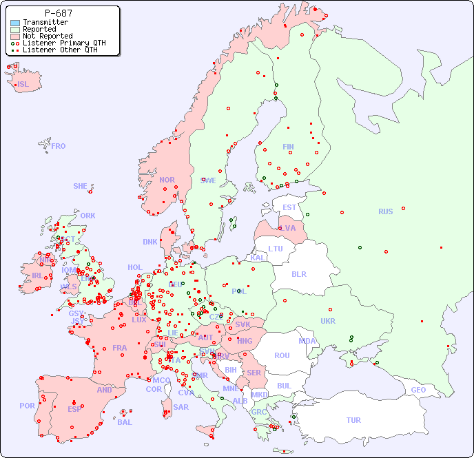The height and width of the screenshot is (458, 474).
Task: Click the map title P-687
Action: coord(58,13)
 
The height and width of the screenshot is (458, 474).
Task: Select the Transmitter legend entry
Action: coord(45,22)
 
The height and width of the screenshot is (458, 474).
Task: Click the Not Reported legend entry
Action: coord(47,36)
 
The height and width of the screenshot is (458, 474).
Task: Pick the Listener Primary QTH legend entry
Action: coord(64,43)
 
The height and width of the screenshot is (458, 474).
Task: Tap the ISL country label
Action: coord(23,85)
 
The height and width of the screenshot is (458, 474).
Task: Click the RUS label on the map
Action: coord(385,211)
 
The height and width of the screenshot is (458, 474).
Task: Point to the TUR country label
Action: coord(353,420)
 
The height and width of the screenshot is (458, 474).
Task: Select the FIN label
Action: coord(288,147)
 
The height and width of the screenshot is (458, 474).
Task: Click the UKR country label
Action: coord(328,321)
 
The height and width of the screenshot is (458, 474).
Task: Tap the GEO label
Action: coord(418,390)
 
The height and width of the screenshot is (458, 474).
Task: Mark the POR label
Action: coord(27,406)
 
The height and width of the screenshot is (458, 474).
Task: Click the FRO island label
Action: coord(59,146)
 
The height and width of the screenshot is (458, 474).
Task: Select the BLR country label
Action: coord(298,273)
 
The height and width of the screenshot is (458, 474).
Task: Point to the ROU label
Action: coord(282,355)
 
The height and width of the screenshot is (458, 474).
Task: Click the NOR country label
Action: coord(167,180)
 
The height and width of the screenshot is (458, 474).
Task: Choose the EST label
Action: coord(289,207)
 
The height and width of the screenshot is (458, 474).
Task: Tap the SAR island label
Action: coord(181,407)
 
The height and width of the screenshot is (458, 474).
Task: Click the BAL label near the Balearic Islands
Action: coord(125,422)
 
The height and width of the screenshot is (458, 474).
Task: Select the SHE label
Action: coord(81,186)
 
